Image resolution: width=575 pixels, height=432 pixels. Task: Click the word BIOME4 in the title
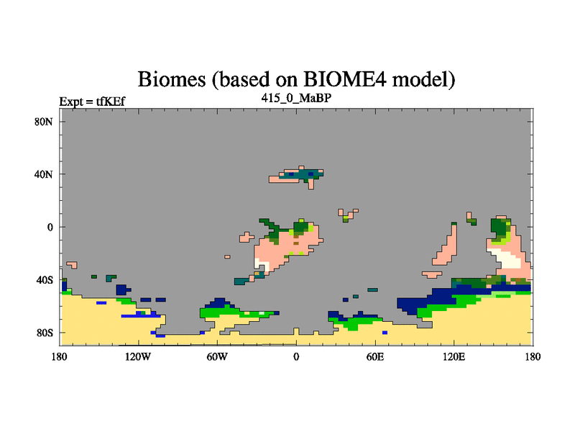coord(345,79)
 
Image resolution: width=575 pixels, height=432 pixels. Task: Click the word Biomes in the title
coord(172,79)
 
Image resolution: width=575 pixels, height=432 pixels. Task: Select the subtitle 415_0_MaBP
coord(296,98)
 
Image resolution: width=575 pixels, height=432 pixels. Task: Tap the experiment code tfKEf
coord(111,101)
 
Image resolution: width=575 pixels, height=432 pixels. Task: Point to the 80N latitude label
coord(44,122)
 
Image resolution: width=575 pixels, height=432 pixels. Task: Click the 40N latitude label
coord(44,174)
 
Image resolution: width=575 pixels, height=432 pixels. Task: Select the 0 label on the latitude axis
coord(50,228)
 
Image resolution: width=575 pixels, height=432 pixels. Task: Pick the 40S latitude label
coord(45,280)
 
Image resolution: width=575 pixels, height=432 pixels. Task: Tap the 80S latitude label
coord(45,333)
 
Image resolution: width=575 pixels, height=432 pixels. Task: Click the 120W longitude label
coord(138,356)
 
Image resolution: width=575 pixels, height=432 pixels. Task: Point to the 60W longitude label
coord(217,356)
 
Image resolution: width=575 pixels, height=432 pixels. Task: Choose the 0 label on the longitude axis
coord(296,356)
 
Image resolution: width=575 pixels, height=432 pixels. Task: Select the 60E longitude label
coord(375,356)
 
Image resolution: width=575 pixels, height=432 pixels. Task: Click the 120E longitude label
coord(454,356)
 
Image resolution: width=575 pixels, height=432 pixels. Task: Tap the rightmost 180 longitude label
coord(533,356)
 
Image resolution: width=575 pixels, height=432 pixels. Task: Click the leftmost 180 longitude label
coord(60,356)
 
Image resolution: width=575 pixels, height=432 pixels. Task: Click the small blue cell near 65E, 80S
coord(385,333)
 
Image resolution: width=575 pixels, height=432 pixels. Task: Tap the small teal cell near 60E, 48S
coord(372,290)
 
